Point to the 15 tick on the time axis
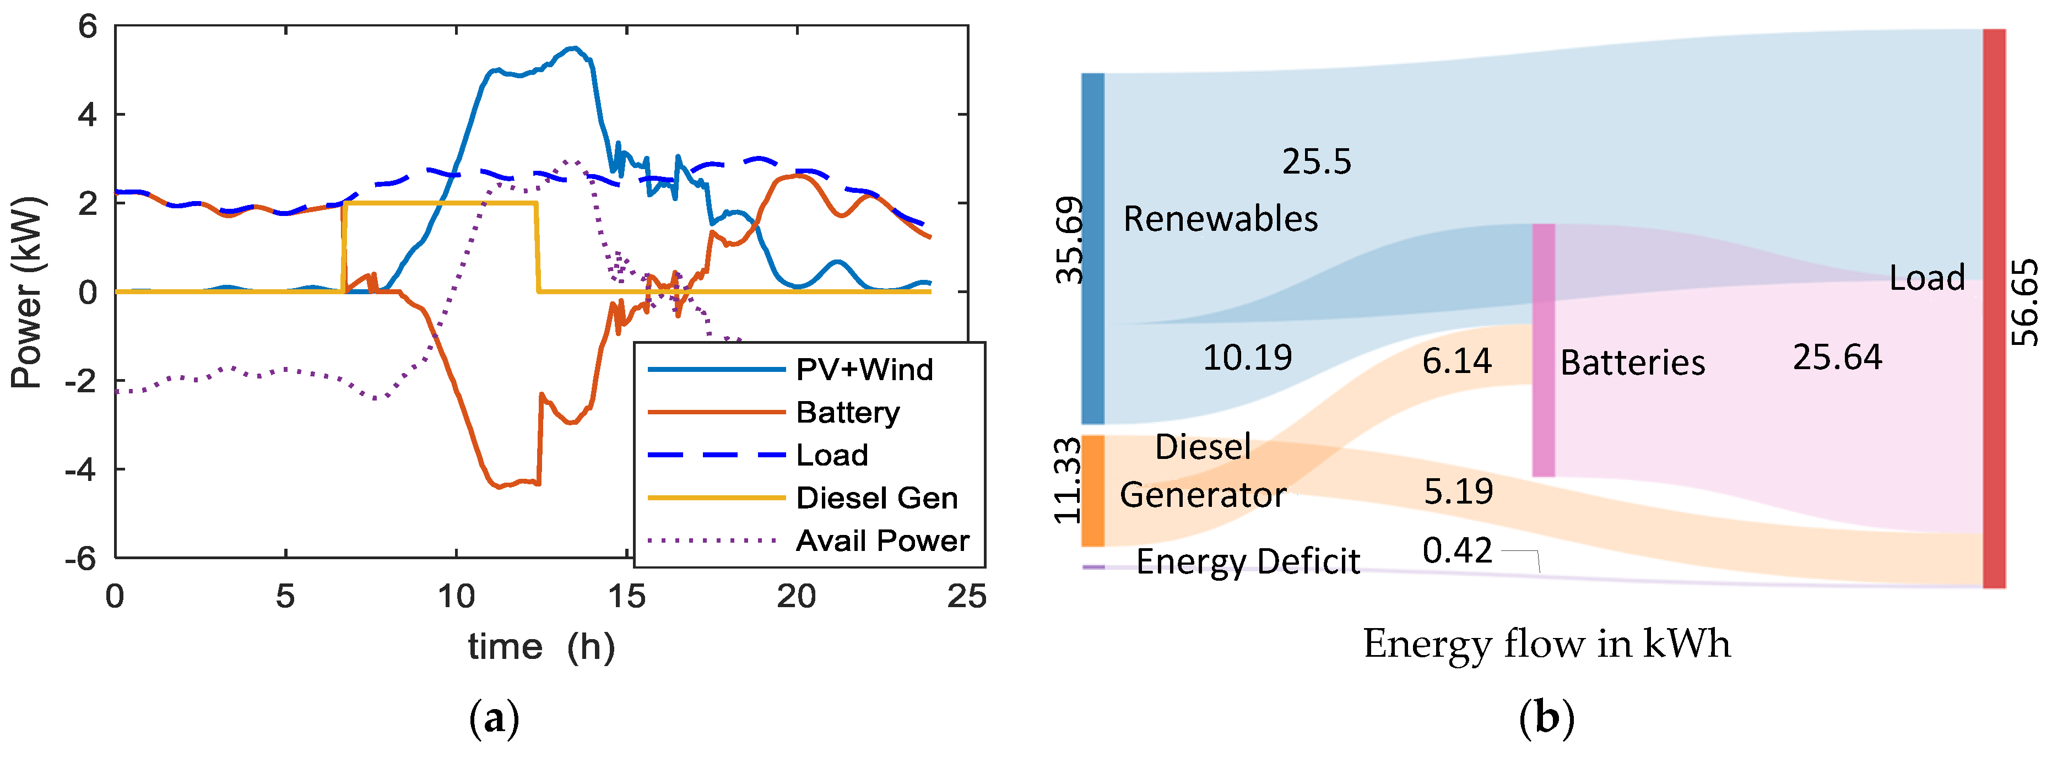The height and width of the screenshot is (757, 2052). pos(627,596)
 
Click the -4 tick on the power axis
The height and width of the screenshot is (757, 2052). pos(81,469)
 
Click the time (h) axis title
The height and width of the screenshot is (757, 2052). pos(541,646)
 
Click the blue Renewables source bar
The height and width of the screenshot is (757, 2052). pos(1093,248)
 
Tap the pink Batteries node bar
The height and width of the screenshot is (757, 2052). pos(1543,350)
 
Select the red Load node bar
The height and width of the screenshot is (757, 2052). pos(1994,309)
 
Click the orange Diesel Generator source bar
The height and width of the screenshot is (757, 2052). pos(1093,490)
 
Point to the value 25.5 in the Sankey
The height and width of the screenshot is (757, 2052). pos(1316,162)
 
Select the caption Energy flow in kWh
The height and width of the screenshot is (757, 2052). pos(1546,644)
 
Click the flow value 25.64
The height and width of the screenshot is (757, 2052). pos(1837,357)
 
